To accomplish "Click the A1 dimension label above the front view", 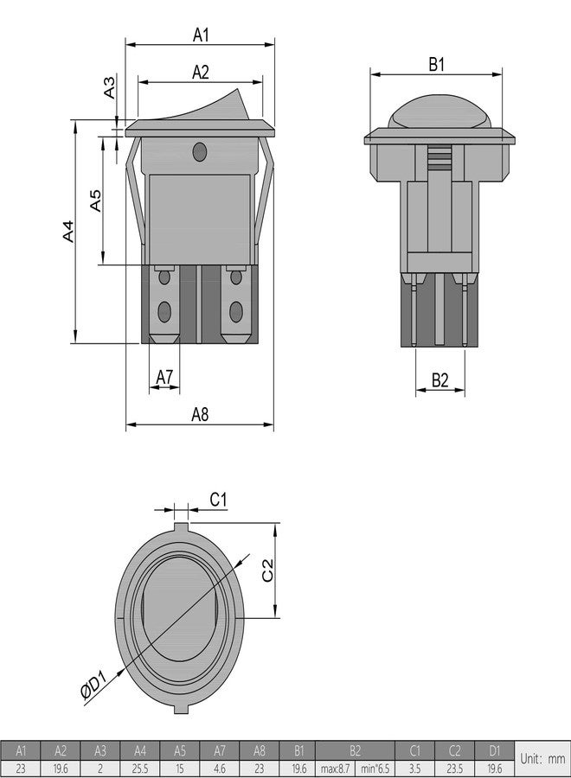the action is point(201,35).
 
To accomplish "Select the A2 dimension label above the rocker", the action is point(201,72).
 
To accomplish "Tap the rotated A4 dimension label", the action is point(68,231).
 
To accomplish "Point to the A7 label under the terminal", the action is point(164,377).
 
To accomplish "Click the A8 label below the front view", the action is point(200,414).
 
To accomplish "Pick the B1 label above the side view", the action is point(436,64).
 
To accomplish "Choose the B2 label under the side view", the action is point(439,380).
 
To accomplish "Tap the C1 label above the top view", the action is point(218,499).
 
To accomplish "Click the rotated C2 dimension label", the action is point(267,571).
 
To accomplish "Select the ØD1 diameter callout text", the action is point(93,685).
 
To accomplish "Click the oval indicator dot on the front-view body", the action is point(199,152).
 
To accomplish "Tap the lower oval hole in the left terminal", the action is point(164,311).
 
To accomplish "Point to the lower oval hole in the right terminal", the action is point(236,311).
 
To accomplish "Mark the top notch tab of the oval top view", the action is point(181,527).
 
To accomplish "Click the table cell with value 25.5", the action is point(140,768).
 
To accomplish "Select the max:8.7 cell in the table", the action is point(335,768).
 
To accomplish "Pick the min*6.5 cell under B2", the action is point(375,768).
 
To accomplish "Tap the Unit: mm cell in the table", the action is point(542,758).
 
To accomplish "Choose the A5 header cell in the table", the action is point(180,750).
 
